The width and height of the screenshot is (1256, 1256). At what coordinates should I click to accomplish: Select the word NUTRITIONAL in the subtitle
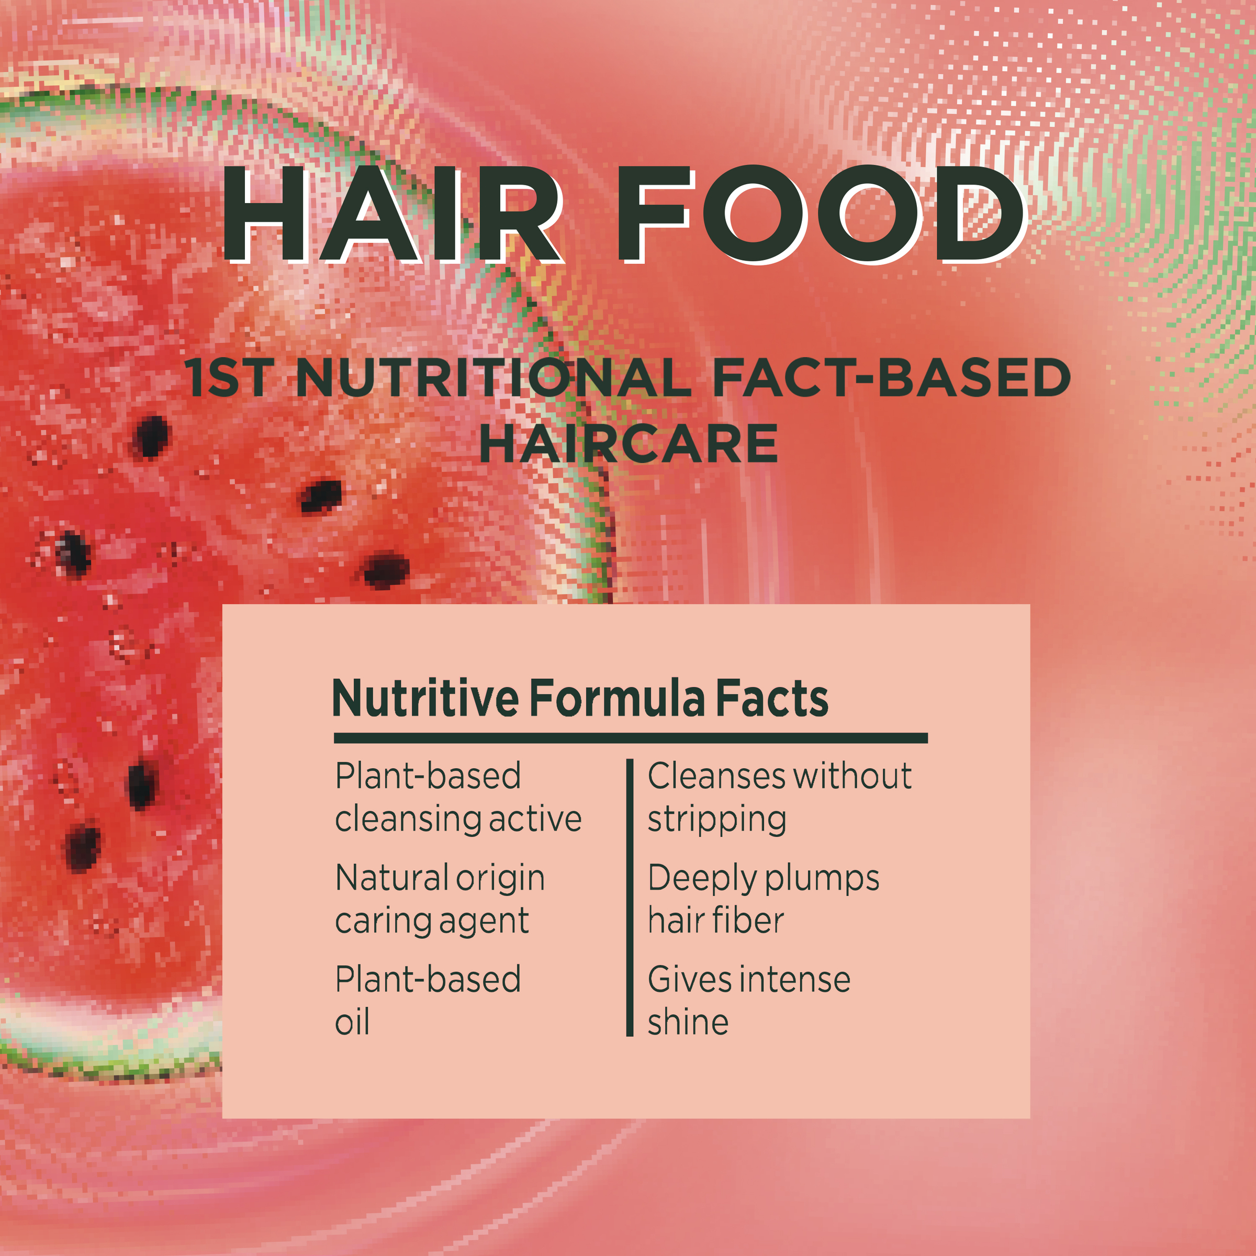click(495, 378)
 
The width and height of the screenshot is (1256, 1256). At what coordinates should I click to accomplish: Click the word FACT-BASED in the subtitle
click(891, 378)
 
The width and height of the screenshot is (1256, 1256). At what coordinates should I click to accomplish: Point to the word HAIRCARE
click(629, 444)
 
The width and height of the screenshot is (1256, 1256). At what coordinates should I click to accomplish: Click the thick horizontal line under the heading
click(631, 738)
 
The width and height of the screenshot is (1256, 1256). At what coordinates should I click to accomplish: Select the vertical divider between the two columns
click(629, 897)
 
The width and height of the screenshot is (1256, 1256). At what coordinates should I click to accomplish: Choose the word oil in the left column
click(352, 1022)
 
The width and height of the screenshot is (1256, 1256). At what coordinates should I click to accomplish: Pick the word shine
click(688, 1022)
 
